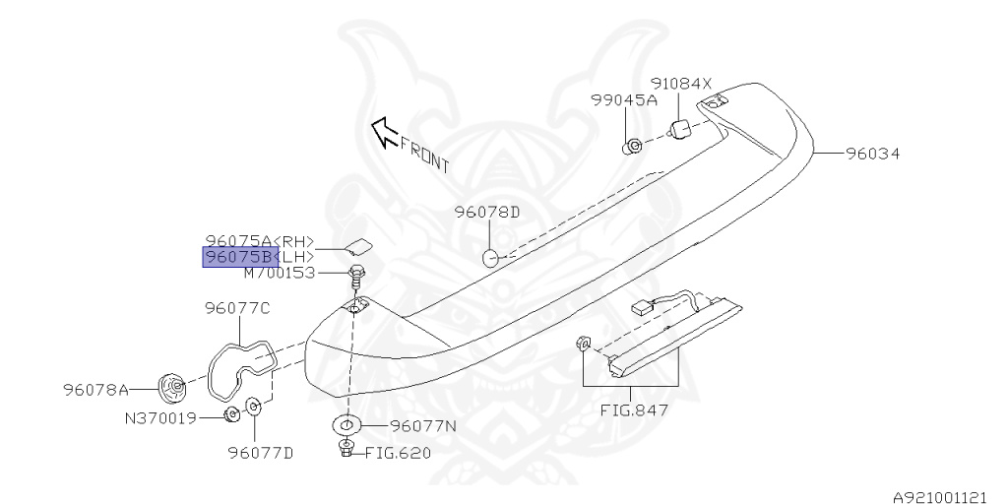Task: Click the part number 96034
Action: click(872, 154)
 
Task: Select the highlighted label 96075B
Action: click(239, 257)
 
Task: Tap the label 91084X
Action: click(680, 84)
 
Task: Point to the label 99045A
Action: click(623, 100)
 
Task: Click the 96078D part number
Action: click(486, 212)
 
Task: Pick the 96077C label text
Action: click(237, 308)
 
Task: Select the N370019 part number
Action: click(160, 417)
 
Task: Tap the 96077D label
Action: click(261, 453)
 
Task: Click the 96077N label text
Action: click(423, 426)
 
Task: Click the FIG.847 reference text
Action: click(634, 409)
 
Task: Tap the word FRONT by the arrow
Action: click(424, 155)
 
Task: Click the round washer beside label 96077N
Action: click(346, 426)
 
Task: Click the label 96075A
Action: click(238, 241)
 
